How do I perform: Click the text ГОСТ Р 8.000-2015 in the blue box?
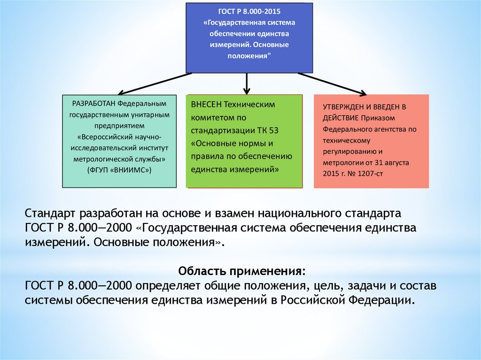243,11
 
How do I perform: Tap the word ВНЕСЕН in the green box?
206,104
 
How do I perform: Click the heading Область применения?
241,271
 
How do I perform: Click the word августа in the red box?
396,161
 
